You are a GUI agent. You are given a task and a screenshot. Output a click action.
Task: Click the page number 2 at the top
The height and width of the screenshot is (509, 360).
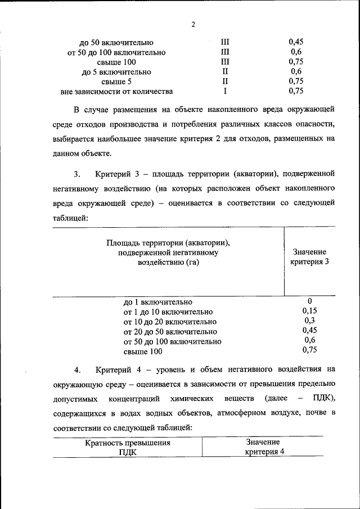click(192, 25)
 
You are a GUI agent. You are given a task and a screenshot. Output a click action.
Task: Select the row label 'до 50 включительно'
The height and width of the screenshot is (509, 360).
click(117, 42)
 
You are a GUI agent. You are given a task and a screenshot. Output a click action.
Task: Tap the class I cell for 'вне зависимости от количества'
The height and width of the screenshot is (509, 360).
click(225, 91)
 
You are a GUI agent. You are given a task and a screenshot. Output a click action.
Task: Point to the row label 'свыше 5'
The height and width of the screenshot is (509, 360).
click(117, 82)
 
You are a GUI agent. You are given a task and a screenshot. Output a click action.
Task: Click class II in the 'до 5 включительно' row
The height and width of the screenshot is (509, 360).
click(225, 72)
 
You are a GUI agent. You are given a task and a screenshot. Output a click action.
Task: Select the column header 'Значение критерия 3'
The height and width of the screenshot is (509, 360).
click(309, 258)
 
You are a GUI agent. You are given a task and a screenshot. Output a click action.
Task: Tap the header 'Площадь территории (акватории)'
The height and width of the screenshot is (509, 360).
click(169, 242)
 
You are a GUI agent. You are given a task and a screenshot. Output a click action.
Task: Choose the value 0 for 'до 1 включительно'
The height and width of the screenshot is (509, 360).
click(309, 301)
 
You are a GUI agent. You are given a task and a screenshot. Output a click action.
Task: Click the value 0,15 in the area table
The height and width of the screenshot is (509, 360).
click(309, 310)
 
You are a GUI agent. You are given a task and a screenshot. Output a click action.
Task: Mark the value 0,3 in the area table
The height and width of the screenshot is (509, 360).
click(309, 321)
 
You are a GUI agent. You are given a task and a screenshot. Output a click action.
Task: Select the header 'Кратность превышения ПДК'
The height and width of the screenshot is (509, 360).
click(128, 448)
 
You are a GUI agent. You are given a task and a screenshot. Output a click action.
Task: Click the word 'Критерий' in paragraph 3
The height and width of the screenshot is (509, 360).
click(113, 172)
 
